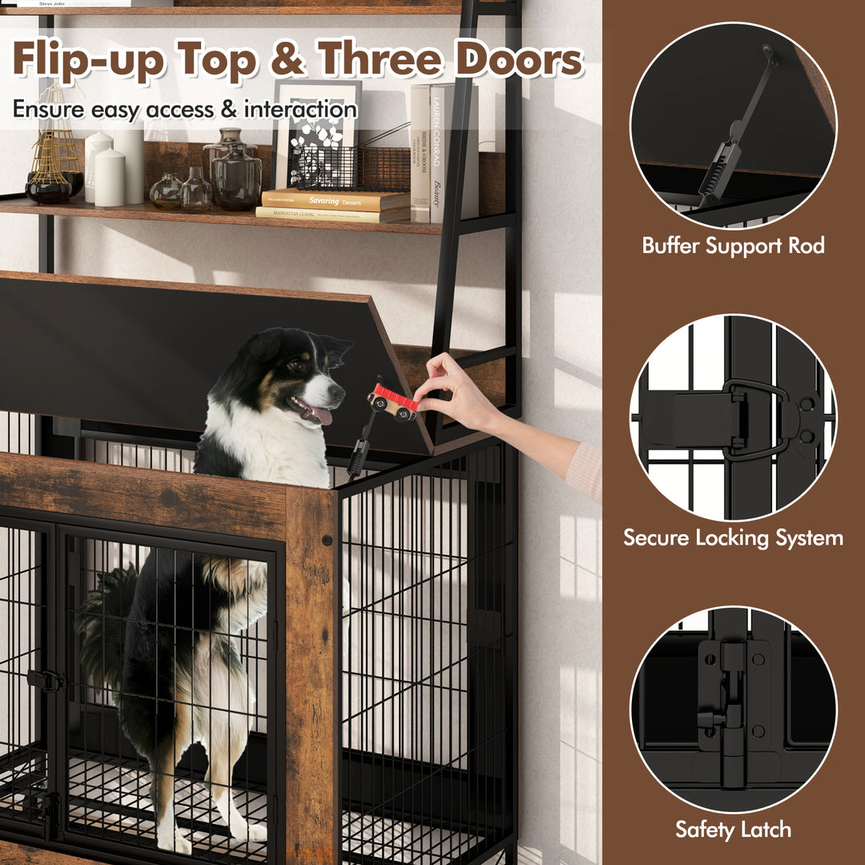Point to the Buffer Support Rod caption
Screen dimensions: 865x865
(733, 245)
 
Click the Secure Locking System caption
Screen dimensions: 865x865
(733, 537)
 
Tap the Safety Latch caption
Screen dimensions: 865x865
(733, 829)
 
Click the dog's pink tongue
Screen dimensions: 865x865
(322, 415)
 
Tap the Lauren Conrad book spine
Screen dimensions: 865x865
(437, 152)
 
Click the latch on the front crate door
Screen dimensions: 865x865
(46, 680)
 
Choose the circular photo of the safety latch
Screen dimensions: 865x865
(733, 709)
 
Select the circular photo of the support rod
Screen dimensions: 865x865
(733, 125)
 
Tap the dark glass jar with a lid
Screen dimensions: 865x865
(236, 176)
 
